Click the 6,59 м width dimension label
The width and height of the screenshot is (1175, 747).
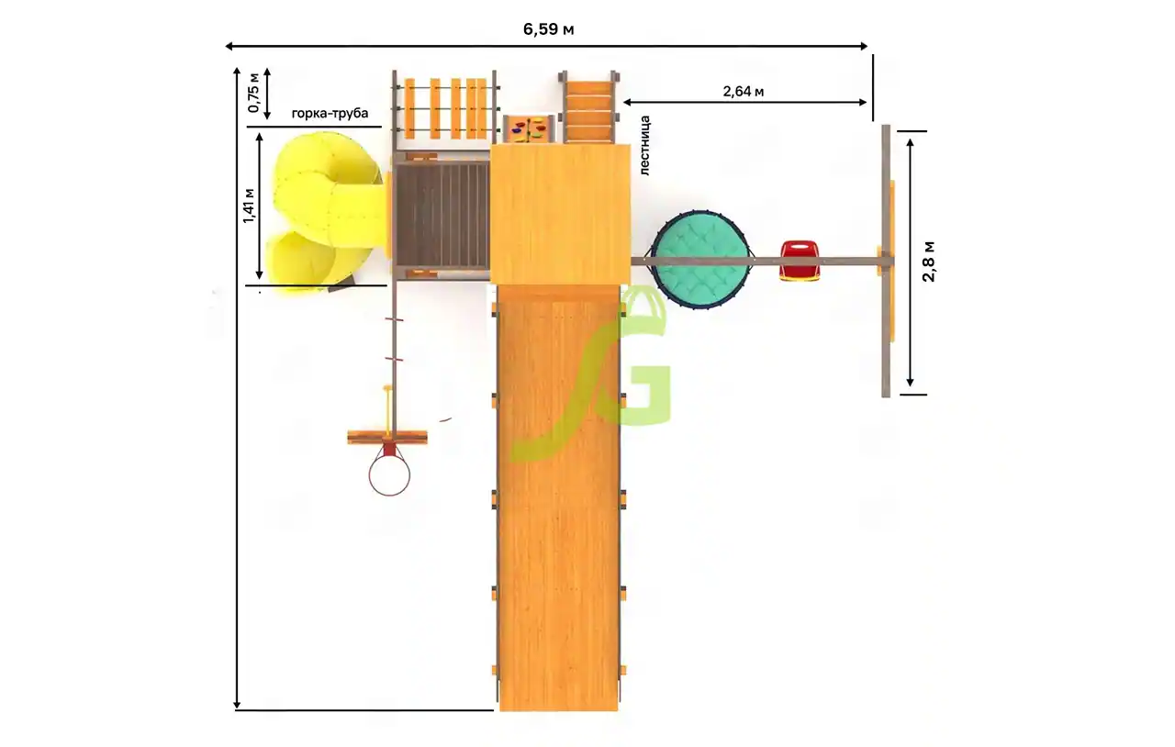(548, 28)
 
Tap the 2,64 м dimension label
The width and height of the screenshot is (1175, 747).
(744, 91)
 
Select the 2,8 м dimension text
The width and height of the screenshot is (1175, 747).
(928, 262)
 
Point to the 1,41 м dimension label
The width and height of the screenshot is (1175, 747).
(249, 206)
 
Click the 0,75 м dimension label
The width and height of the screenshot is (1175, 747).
(253, 93)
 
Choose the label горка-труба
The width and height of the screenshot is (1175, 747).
(330, 113)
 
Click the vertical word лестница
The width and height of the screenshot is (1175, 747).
(644, 145)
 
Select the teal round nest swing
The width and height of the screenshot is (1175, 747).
(700, 260)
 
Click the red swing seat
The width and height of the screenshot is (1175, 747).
(800, 261)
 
